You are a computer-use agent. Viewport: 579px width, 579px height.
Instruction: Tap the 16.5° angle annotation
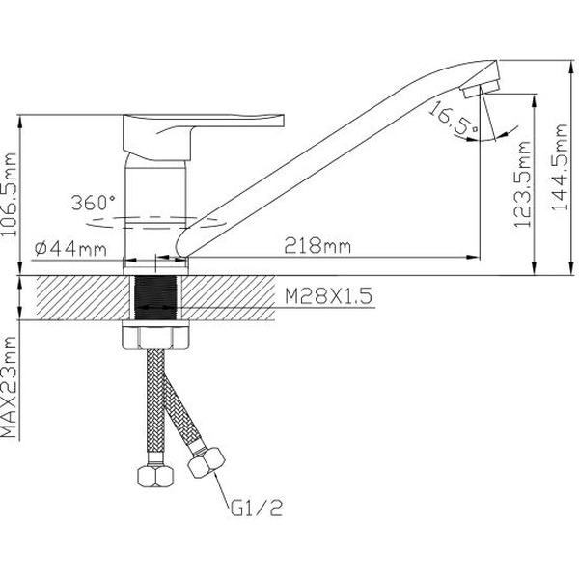tap(452, 120)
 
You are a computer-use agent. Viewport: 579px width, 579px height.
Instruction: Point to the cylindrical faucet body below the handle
tap(154, 203)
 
